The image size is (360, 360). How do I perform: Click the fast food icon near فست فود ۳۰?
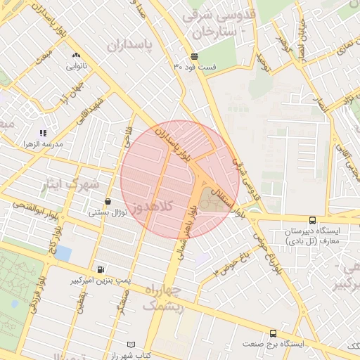(x=193, y=57)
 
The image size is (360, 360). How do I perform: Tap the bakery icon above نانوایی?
(x=75, y=54)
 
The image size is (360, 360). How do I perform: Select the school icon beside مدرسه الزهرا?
(x=44, y=132)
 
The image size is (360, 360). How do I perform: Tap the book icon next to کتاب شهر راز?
(x=131, y=345)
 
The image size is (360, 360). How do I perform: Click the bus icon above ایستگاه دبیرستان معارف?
(x=311, y=219)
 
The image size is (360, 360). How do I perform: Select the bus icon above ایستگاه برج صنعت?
(x=273, y=333)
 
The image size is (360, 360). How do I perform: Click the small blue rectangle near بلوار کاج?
(x=63, y=252)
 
